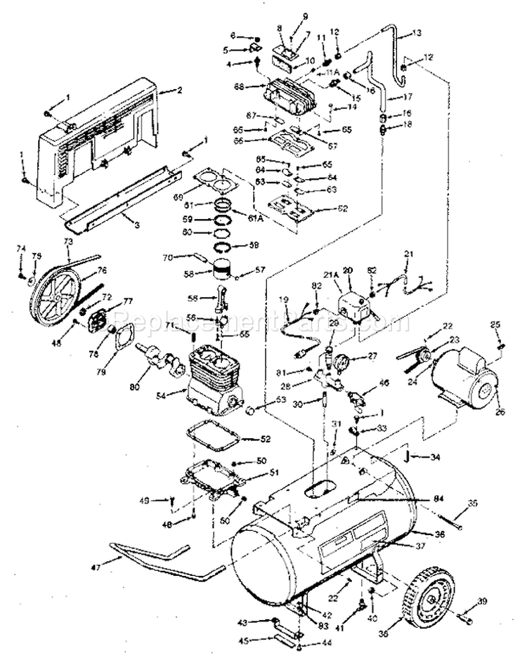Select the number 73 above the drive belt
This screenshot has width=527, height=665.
pos(67,241)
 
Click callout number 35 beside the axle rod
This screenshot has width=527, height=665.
pos(472,503)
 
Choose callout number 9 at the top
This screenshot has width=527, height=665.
pos(305,16)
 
